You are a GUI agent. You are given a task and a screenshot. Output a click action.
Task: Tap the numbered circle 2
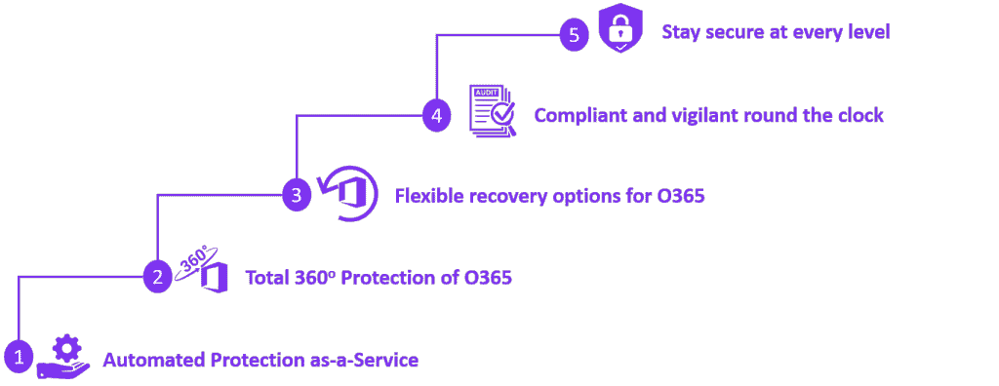(x=157, y=277)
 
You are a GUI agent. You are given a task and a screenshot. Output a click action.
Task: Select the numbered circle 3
(x=297, y=195)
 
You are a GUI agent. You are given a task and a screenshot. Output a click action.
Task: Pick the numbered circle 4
(x=436, y=116)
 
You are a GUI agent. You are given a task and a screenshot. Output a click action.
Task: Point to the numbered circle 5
(x=575, y=34)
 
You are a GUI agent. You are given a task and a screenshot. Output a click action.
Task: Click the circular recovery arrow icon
(x=346, y=194)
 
